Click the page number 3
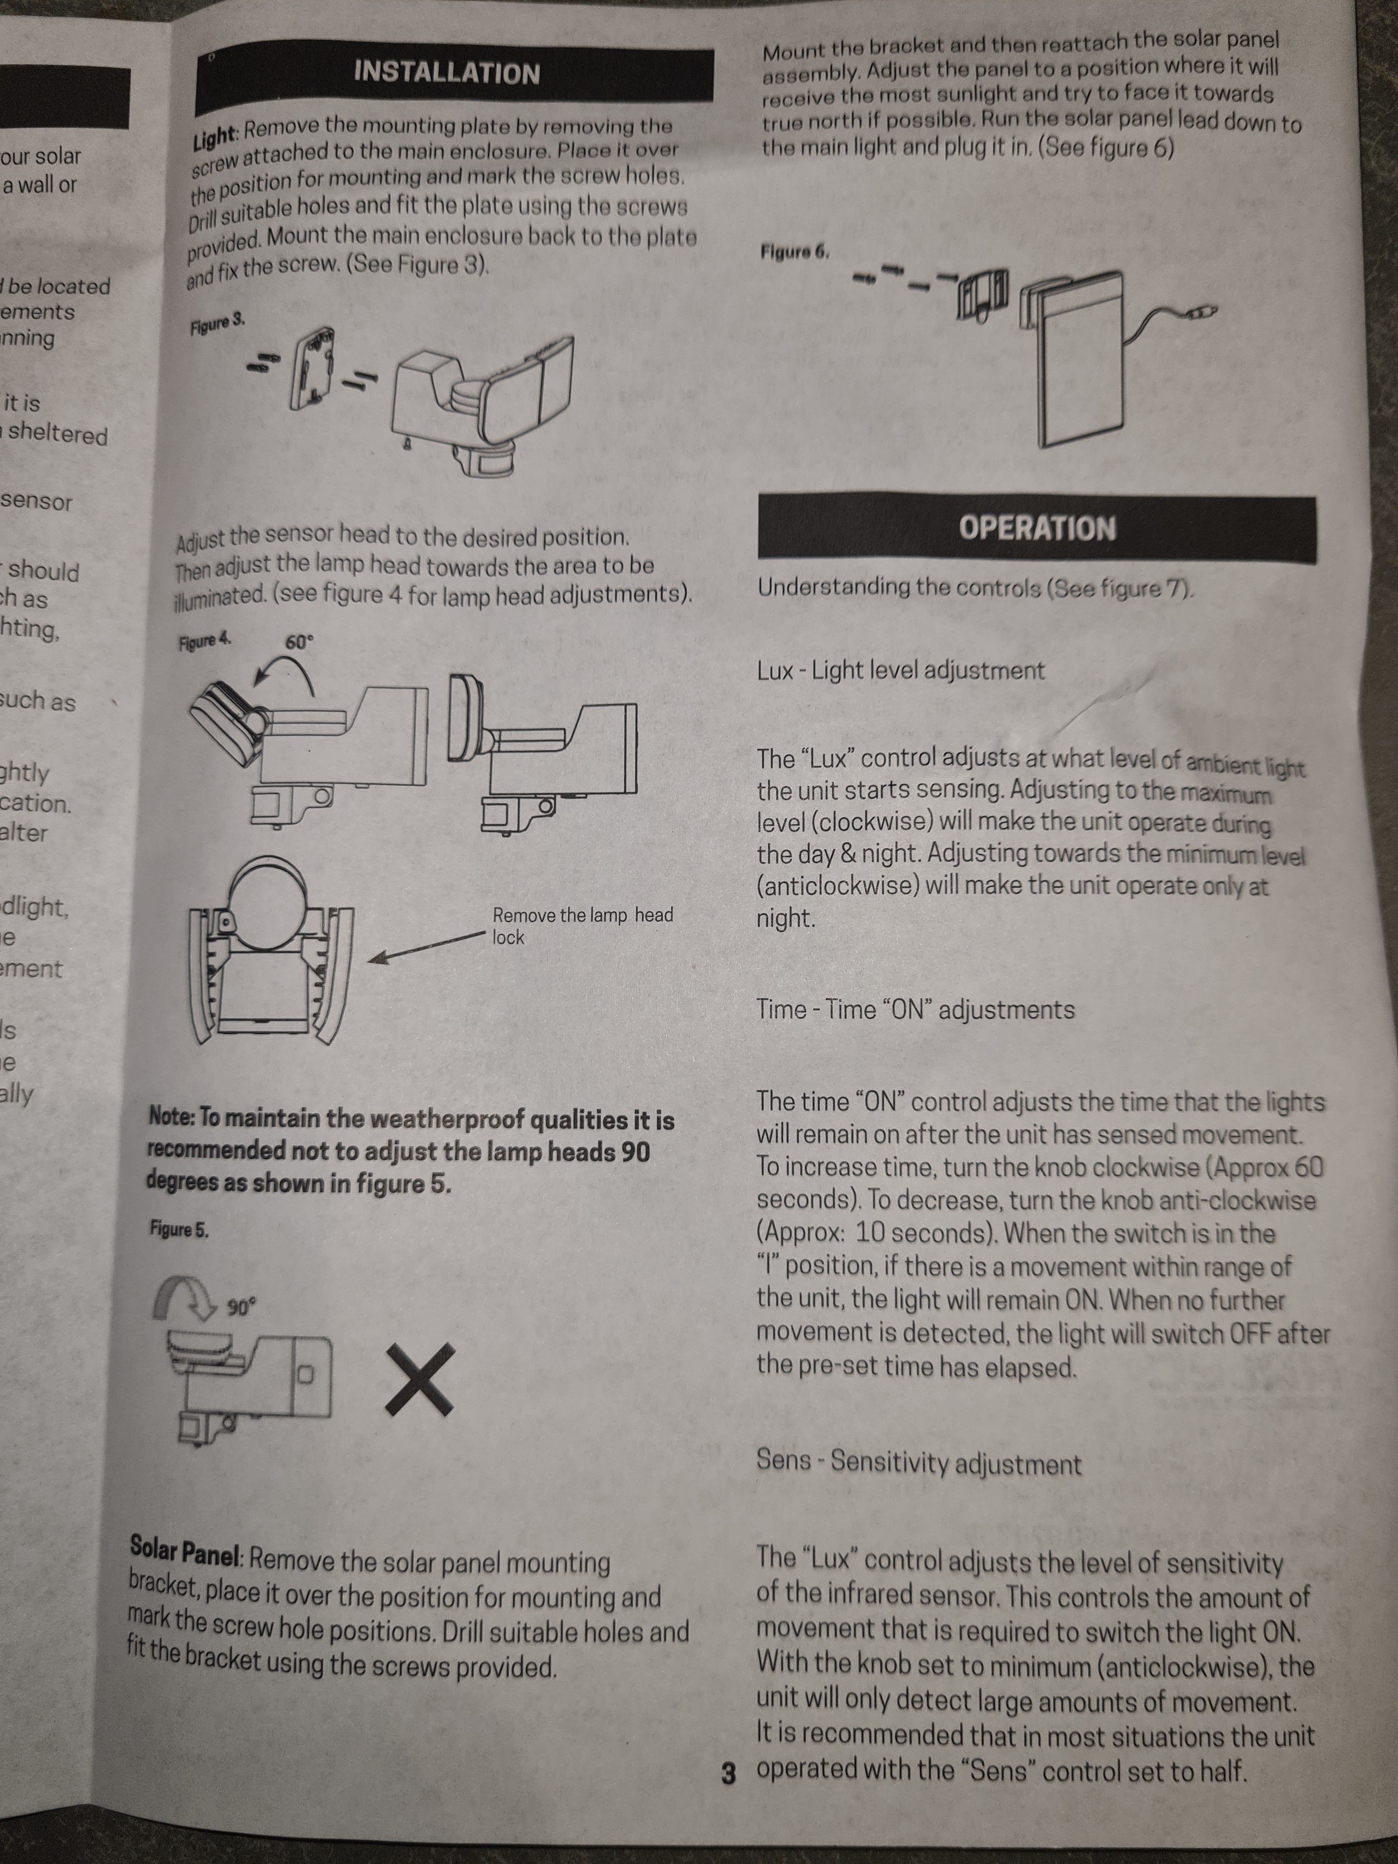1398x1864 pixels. (729, 1773)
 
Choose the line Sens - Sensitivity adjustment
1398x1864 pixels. (918, 1462)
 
